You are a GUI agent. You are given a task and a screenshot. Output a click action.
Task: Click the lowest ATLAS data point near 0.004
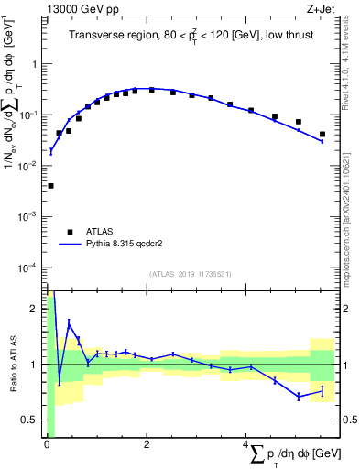click(x=50, y=186)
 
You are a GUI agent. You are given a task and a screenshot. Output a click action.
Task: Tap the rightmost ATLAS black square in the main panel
click(x=322, y=135)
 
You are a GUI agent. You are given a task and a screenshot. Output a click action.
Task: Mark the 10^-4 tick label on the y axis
click(x=30, y=267)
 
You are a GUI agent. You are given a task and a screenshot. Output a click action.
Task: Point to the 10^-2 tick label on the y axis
click(x=30, y=166)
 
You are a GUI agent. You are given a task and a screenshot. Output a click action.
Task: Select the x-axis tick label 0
click(x=47, y=444)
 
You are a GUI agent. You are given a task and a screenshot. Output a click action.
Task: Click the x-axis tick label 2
click(x=147, y=444)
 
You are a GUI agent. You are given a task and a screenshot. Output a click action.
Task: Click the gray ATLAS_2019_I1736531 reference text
click(x=191, y=274)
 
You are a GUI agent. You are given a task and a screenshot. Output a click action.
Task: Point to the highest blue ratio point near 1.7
click(x=69, y=322)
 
